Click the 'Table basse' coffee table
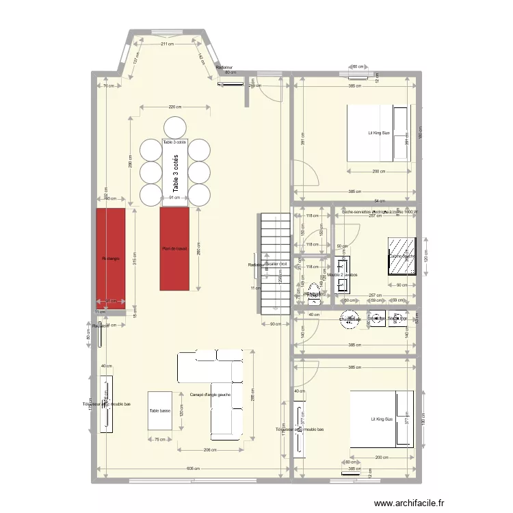click(159, 410)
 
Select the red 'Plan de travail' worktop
click(174, 248)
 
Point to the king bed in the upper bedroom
click(379, 133)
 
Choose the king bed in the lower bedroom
click(381, 419)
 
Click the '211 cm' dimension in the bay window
click(167, 44)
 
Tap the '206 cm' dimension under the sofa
click(211, 450)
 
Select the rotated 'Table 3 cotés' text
click(176, 173)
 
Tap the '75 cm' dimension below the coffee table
click(159, 440)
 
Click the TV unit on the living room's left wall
click(105, 405)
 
